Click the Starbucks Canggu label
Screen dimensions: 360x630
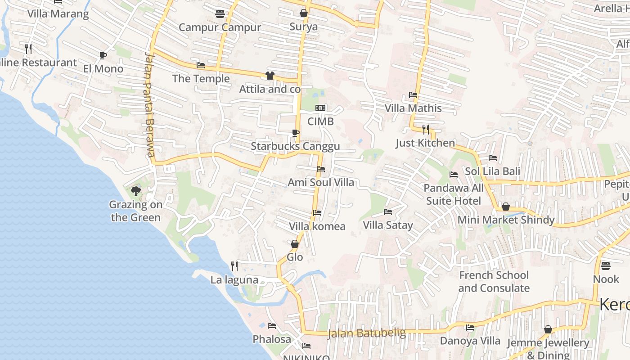[295, 146]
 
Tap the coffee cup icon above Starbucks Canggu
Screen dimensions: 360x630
[295, 133]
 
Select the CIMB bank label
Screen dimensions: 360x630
[320, 121]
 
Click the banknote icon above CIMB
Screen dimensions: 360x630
[320, 108]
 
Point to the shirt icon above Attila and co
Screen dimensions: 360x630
[270, 76]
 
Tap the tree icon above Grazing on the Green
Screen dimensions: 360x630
[135, 191]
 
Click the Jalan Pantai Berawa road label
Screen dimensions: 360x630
[149, 104]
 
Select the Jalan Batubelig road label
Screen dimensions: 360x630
[366, 333]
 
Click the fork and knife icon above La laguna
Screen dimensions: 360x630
[234, 266]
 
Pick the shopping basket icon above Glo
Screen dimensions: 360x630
[295, 244]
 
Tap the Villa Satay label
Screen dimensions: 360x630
[387, 225]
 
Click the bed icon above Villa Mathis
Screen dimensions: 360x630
[413, 95]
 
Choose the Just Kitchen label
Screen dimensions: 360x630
[425, 143]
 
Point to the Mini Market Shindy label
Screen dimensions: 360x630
[506, 220]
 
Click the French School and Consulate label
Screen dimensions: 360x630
[494, 282]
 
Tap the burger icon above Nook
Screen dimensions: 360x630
[606, 265]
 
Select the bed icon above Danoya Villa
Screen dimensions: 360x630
[470, 328]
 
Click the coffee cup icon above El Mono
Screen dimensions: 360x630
[103, 55]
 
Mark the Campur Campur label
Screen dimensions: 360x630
[220, 27]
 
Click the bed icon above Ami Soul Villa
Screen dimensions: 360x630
[321, 169]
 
